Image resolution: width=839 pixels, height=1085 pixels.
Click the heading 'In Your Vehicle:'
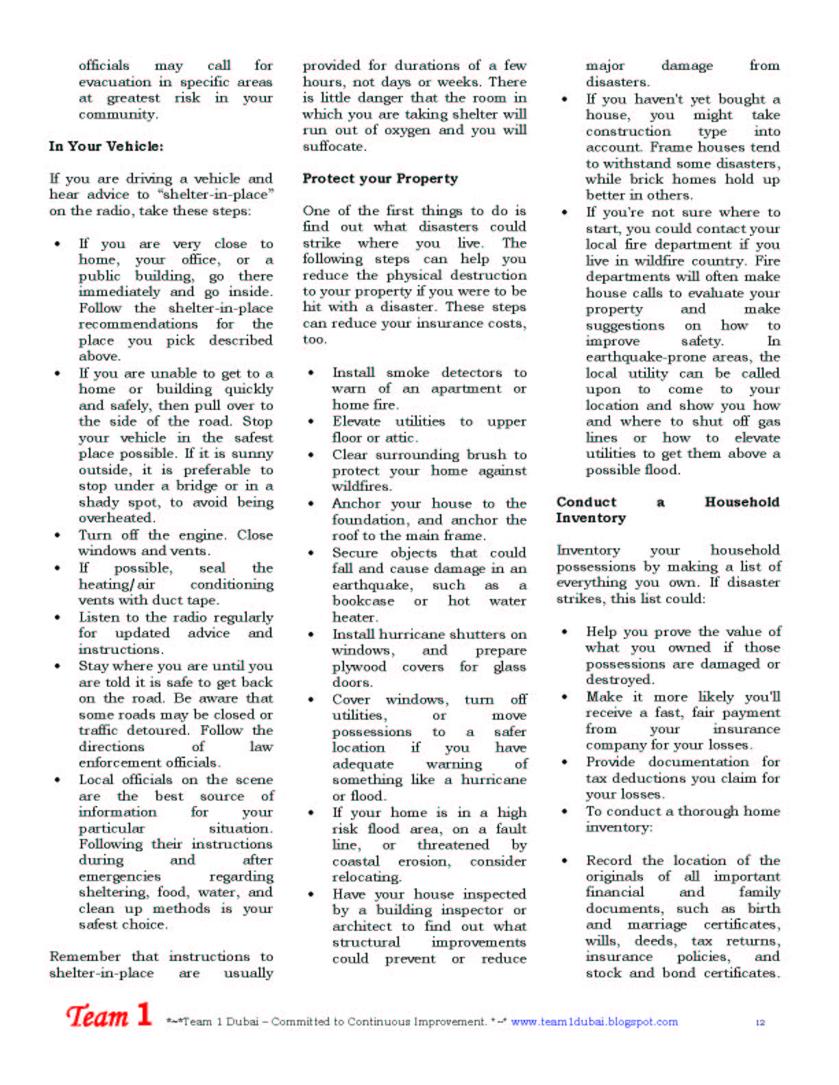106,146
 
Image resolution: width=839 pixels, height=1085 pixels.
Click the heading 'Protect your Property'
380,178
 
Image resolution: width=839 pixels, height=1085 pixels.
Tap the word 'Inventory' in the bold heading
591,518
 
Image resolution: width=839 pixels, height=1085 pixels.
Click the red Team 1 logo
108,1016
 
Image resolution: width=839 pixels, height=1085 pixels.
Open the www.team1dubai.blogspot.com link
594,1021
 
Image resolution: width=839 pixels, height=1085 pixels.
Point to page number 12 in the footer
760,1022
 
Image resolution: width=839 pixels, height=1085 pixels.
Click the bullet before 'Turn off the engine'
58,535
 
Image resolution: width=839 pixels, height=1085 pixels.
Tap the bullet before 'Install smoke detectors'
311,373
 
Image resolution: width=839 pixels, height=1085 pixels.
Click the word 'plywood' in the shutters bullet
359,667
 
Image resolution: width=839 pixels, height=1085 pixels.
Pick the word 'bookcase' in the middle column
363,601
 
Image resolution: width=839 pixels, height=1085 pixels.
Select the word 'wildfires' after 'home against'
361,487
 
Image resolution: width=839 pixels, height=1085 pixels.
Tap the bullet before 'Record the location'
565,861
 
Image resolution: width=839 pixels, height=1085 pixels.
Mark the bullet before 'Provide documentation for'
565,762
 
